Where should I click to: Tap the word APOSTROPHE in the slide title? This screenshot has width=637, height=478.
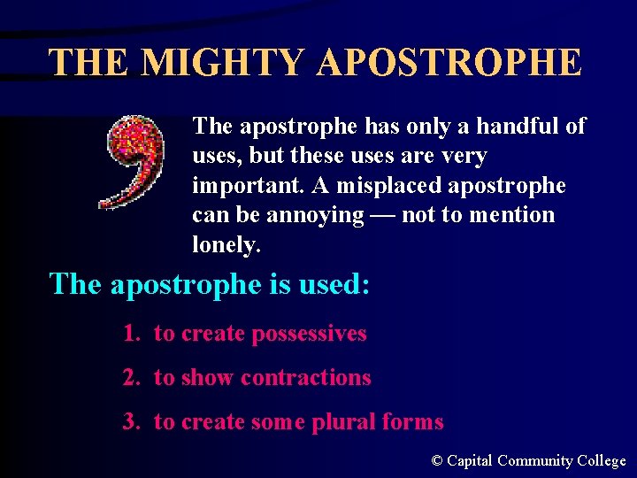pos(449,63)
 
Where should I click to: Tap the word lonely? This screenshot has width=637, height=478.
pos(226,245)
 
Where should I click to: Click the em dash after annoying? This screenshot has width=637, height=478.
pos(383,215)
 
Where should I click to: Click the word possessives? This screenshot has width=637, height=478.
pos(309,334)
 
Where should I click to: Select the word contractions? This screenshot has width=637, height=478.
pos(305,378)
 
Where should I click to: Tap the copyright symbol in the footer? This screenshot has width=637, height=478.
pos(436,461)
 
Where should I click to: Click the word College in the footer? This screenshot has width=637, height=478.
pos(601,461)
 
